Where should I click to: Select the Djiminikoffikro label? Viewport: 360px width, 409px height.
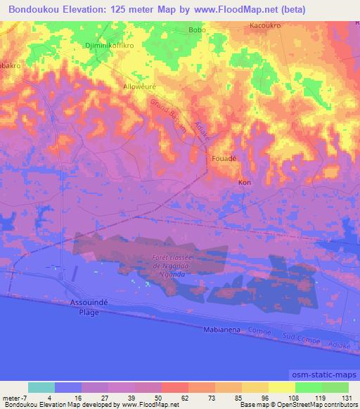108,44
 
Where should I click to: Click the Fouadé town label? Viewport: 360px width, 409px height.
224,159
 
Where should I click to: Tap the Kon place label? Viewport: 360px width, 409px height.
245,183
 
